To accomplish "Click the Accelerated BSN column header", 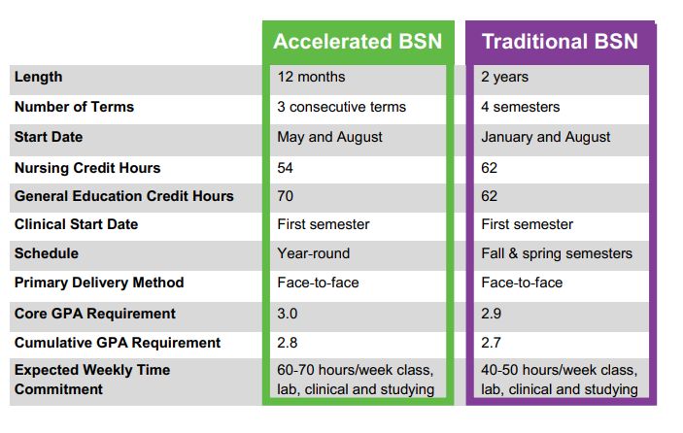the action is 358,42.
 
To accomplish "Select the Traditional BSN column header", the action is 560,42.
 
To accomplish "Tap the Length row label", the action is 38,77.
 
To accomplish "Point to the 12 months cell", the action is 311,77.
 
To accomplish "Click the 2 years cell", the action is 504,77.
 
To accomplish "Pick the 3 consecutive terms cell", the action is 342,107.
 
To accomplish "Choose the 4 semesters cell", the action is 520,107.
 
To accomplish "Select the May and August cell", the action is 329,137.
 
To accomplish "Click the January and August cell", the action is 545,137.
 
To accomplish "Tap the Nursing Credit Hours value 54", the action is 286,168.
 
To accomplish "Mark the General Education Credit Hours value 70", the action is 286,196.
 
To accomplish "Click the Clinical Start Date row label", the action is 76,224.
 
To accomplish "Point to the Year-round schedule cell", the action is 314,253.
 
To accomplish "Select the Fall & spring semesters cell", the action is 557,253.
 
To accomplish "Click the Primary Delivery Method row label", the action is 99,283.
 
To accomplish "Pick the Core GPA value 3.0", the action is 287,314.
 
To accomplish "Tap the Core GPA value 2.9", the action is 491,314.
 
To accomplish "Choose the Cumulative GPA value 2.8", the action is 287,343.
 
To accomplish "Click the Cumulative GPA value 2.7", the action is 491,343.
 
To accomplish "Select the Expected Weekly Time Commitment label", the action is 92,380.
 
